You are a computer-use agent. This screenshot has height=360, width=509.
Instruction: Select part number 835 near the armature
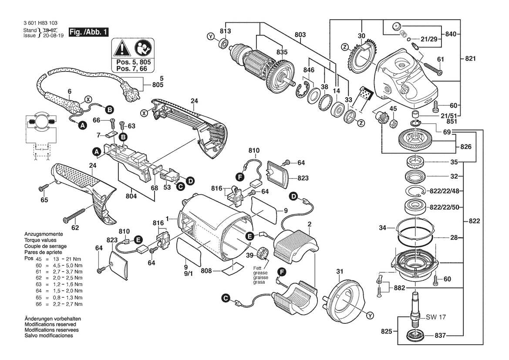[x=282, y=52]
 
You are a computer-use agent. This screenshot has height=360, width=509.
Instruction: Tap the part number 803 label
[x=300, y=34]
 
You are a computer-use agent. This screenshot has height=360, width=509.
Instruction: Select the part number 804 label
[x=131, y=196]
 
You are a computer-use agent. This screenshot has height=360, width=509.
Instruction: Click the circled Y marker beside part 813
[x=211, y=37]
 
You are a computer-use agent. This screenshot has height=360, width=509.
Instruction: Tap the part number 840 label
[x=450, y=34]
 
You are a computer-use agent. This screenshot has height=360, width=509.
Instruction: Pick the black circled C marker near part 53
[x=180, y=186]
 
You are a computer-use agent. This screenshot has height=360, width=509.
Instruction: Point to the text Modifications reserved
[x=51, y=325]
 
